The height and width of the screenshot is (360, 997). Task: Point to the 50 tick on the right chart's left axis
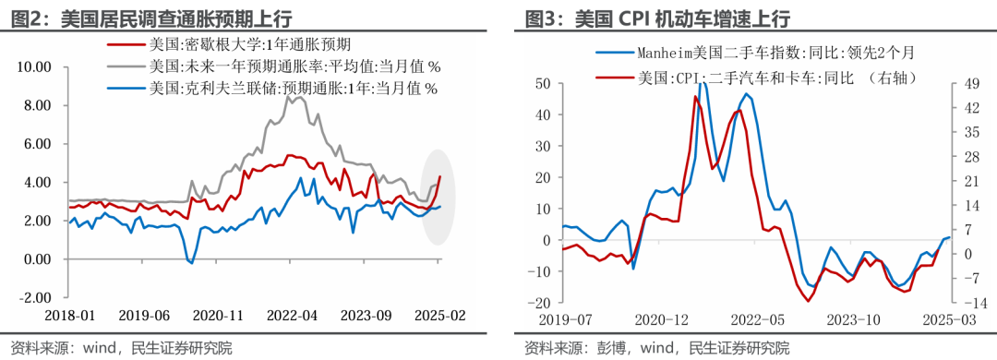pos(544,84)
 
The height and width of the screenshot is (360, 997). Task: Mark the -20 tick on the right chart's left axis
pos(541,303)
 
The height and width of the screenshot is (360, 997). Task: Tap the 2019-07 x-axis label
pos(566,320)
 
